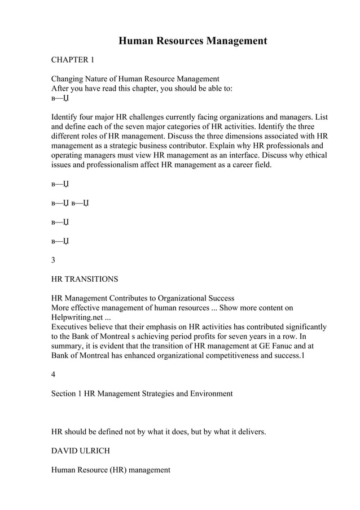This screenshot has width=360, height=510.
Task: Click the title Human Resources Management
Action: coord(192,41)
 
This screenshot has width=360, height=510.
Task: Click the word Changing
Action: coord(69,79)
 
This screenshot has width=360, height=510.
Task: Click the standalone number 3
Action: coord(54,260)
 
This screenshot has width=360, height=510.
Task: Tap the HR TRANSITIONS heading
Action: coord(85,279)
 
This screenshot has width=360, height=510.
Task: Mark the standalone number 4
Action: coord(54,374)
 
